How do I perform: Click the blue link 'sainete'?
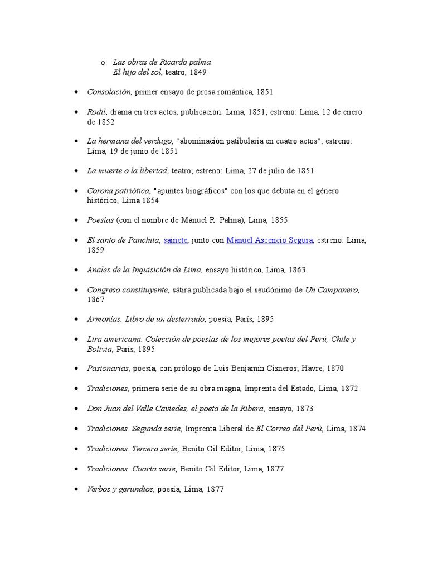tap(176, 240)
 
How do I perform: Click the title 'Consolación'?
tap(109, 91)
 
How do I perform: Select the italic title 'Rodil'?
tap(96, 112)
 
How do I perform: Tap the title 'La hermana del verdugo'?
tap(129, 141)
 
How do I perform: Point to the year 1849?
tap(199, 72)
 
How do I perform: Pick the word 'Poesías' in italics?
tap(100, 220)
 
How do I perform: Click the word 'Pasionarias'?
tap(108, 368)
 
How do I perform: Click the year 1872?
tap(348, 389)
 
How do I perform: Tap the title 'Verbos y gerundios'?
tap(120, 489)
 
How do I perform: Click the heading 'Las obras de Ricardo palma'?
tap(162, 62)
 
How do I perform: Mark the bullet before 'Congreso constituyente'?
tap(76, 290)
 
